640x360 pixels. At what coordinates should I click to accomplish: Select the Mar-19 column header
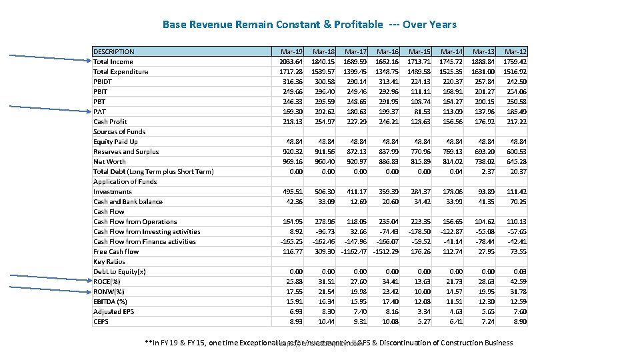pos(291,51)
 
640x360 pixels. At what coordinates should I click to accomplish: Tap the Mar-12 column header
pos(515,51)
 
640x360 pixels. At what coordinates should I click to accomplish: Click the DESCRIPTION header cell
pos(114,51)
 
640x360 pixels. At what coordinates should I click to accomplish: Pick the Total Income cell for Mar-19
pos(291,61)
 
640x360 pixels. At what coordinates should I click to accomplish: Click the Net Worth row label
pos(109,161)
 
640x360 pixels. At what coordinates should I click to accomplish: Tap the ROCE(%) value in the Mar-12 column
pos(517,281)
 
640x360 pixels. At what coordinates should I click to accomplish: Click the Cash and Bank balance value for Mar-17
pos(358,201)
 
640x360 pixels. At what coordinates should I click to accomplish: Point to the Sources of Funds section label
pos(119,131)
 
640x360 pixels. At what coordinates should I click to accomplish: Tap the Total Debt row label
pos(153,171)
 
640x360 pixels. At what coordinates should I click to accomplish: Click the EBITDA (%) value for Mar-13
pos(485,301)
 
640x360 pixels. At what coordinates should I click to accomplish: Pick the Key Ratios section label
pos(109,261)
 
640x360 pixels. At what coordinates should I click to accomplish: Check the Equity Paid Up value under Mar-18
pos(325,141)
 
